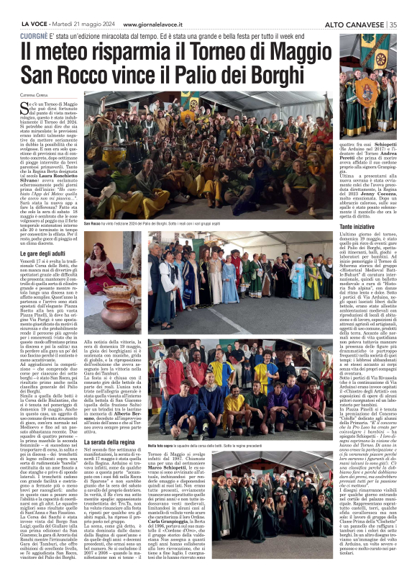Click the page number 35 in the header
(393, 24)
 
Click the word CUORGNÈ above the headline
(35, 35)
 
